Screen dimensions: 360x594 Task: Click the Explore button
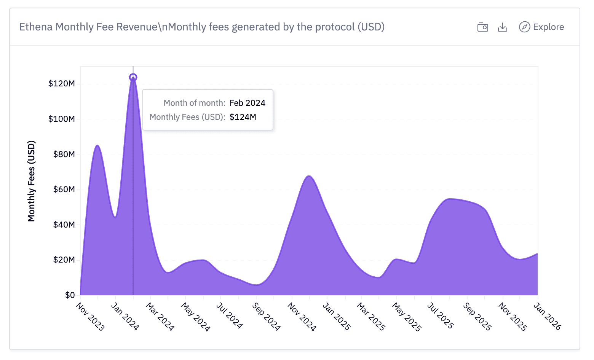pos(541,27)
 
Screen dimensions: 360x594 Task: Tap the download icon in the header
pos(503,27)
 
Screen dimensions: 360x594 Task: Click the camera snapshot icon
pos(482,27)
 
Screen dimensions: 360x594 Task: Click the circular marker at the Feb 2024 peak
pos(133,77)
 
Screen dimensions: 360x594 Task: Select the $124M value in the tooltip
pos(243,117)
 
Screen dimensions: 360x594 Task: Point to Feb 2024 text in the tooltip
pos(247,103)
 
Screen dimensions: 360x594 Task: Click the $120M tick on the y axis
pos(61,84)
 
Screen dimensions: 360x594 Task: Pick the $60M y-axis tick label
pos(64,190)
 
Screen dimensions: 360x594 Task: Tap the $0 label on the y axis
pos(70,295)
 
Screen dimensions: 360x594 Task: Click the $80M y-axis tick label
pos(64,154)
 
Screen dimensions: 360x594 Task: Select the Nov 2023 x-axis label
pos(90,317)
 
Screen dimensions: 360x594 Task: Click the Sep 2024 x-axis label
pos(266,317)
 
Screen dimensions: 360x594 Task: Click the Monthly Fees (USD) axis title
pos(31,181)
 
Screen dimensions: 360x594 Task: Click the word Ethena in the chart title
pos(36,27)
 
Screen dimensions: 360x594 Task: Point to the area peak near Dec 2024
pos(309,176)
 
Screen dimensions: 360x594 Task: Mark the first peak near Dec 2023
pos(97,146)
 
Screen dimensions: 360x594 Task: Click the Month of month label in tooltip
pos(194,103)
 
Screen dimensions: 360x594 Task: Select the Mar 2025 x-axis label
pos(371,317)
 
